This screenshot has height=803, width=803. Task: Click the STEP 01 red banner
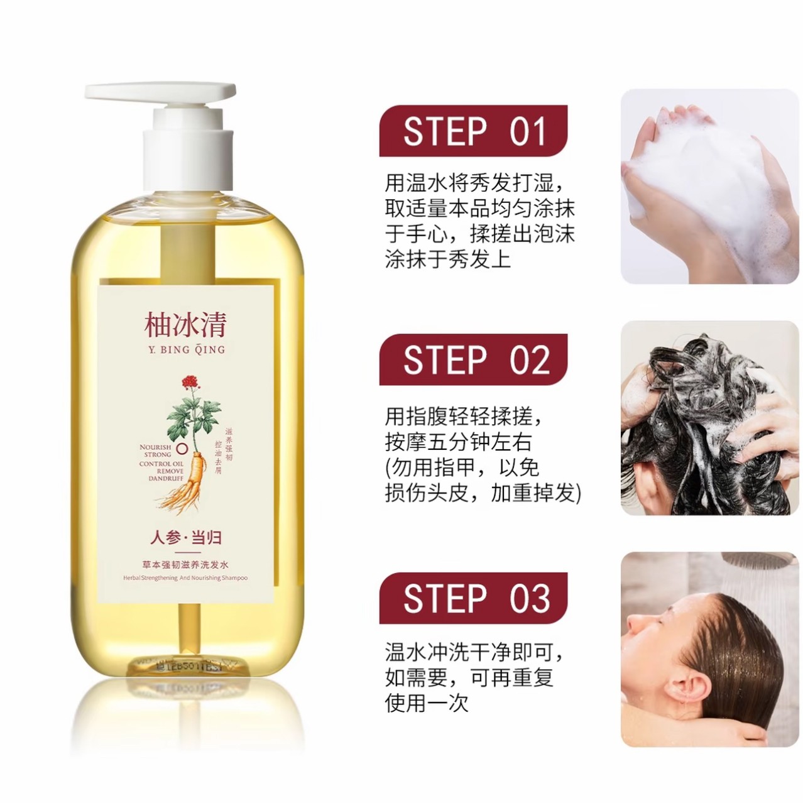pos(473,131)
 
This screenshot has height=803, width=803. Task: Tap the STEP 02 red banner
pos(473,360)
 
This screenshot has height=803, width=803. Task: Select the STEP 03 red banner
pos(473,598)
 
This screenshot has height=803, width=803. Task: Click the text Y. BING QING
pos(185,349)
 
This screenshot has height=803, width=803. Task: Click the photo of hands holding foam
pos(709,187)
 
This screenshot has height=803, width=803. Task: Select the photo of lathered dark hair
pos(709,418)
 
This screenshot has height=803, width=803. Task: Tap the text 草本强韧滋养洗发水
pos(188,564)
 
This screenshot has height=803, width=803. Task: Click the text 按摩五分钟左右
pos(458,442)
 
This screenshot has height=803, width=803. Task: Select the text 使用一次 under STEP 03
pos(427,702)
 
